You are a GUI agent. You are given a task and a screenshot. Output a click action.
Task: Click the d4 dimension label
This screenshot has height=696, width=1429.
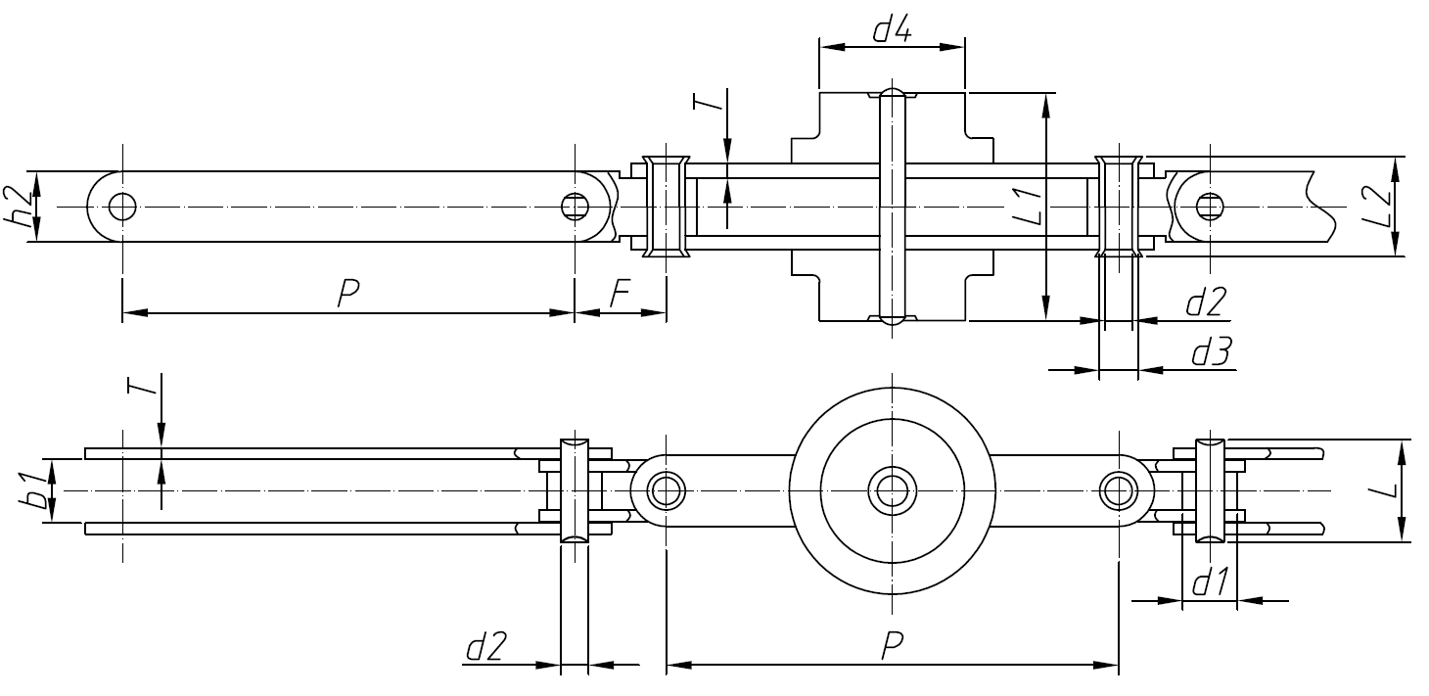[x=892, y=31]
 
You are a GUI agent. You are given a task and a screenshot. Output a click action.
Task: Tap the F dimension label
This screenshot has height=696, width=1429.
[x=619, y=295]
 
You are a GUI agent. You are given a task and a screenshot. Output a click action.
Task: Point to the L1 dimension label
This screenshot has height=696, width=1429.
[x=1028, y=208]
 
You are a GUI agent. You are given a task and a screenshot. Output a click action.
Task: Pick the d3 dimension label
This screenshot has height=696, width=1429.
[x=1211, y=353]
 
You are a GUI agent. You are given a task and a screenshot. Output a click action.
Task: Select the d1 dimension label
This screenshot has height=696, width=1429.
[x=1210, y=583]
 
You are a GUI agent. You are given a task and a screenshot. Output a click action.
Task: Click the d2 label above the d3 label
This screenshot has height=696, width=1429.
[x=1206, y=302]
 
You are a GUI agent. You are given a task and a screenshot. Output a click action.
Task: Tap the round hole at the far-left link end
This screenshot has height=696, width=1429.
[x=122, y=207]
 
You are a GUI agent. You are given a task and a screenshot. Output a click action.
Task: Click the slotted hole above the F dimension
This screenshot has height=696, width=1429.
[x=575, y=207]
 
